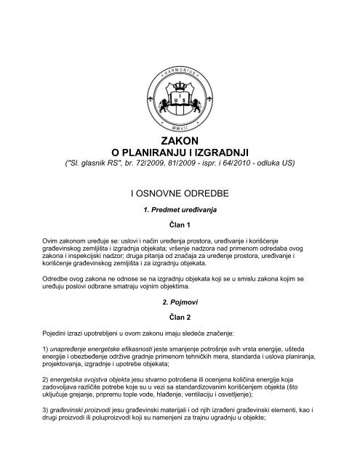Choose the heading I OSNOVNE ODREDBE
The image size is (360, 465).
(x=179, y=193)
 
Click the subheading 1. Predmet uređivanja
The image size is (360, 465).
(x=179, y=210)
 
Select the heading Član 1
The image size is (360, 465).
(x=179, y=225)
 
